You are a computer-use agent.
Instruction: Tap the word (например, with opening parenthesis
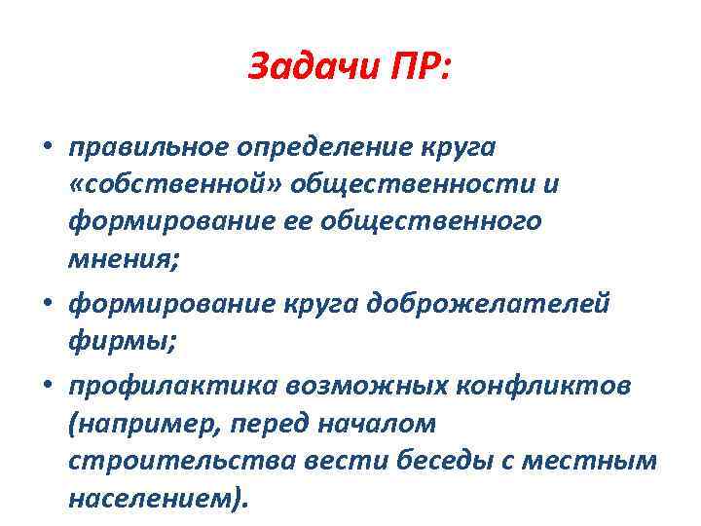[128, 425]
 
